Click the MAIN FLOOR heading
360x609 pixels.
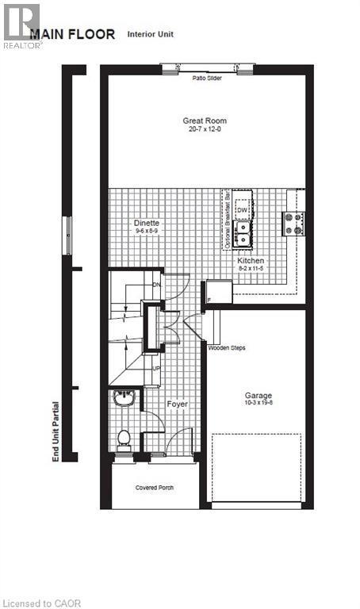click(72, 34)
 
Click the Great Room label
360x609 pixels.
click(204, 121)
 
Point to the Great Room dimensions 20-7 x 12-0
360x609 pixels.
click(204, 128)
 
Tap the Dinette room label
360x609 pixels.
click(147, 224)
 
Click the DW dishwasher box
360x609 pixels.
click(243, 209)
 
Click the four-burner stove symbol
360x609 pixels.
click(292, 224)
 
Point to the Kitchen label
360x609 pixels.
click(251, 261)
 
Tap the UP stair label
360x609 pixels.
click(157, 369)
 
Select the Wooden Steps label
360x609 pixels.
click(224, 347)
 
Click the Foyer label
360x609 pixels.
click(177, 404)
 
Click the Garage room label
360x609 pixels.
click(258, 395)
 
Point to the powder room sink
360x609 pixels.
click(123, 398)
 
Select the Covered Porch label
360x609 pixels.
click(155, 488)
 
